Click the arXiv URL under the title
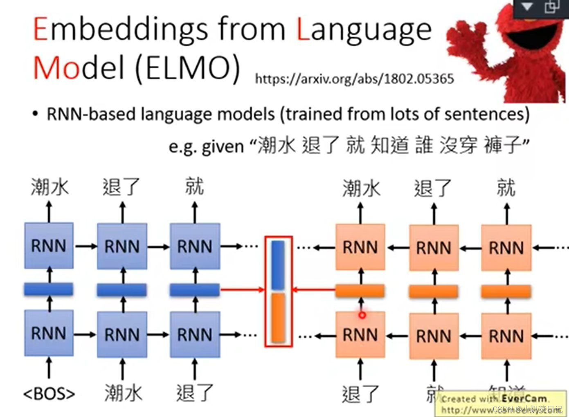[x=354, y=78]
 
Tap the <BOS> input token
[x=49, y=393]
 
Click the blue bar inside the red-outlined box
[x=278, y=265]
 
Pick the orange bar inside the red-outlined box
[x=278, y=317]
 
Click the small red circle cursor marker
[x=362, y=315]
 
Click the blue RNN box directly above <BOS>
[x=49, y=333]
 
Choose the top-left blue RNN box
[x=49, y=246]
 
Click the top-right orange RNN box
[x=506, y=247]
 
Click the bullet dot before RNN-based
[x=36, y=114]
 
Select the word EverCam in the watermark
[x=524, y=398]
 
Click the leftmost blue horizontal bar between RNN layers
[x=49, y=289]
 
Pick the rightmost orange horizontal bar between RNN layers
[x=506, y=291]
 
